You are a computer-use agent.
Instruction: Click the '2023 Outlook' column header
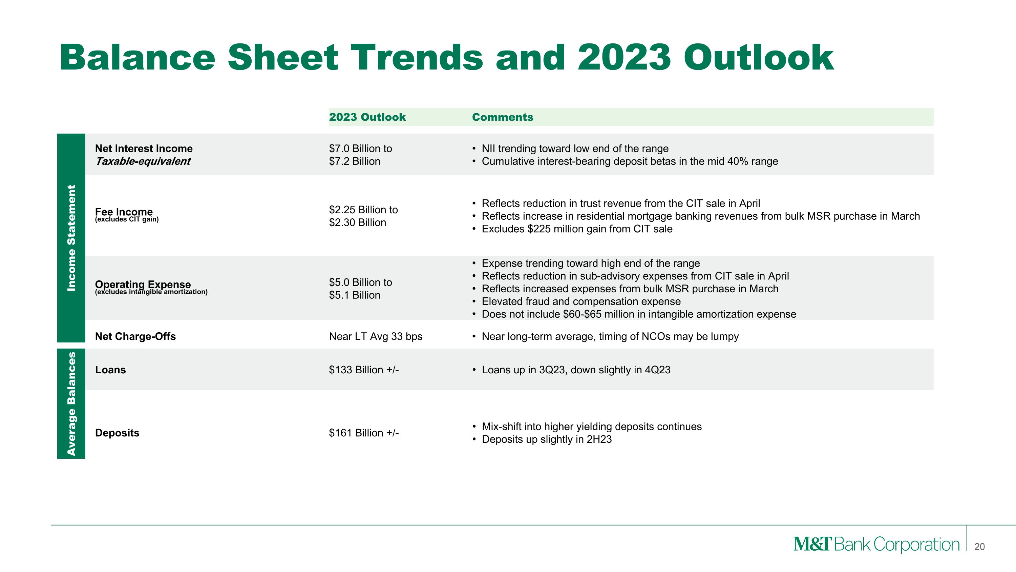(x=367, y=117)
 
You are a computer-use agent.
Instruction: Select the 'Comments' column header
(x=503, y=117)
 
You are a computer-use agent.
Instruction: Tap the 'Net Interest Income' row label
(x=144, y=149)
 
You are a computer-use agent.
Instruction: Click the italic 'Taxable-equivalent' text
(x=143, y=161)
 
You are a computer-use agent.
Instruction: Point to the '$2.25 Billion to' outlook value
(x=363, y=210)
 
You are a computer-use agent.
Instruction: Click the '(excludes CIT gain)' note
(x=127, y=219)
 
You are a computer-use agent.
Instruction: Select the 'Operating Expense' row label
(x=143, y=284)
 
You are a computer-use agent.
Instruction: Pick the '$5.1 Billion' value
(x=355, y=295)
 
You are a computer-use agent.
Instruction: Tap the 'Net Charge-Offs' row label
(x=135, y=336)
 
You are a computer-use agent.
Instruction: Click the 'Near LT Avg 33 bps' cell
(x=376, y=336)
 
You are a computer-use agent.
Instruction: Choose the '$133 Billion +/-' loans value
(x=364, y=370)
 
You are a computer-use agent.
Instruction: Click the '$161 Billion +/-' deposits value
(x=364, y=433)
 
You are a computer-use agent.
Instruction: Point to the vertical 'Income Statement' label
(x=71, y=238)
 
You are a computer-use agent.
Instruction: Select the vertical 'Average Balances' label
(x=71, y=403)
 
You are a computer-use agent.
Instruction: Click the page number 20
(x=979, y=547)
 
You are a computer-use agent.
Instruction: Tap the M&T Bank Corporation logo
(x=876, y=545)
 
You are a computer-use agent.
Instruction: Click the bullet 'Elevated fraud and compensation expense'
(x=581, y=301)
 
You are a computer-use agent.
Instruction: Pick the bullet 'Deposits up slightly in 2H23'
(x=547, y=439)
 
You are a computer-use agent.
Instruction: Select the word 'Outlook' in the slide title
(x=759, y=58)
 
